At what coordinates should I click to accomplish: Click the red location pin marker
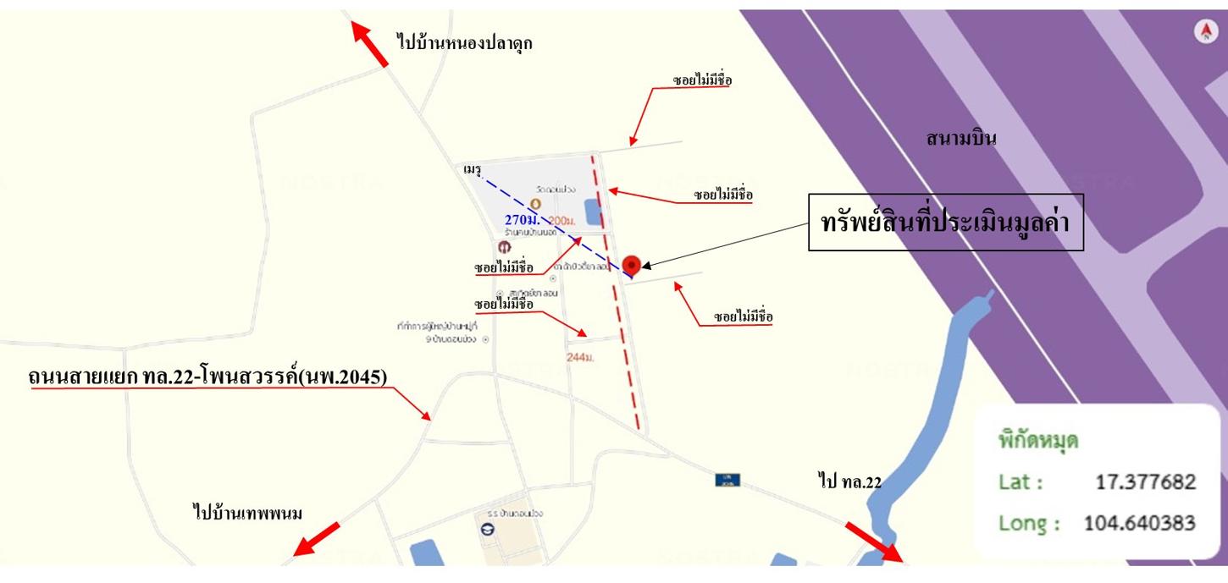pos(630,266)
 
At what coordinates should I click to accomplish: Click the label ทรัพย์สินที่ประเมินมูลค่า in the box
pos(946,223)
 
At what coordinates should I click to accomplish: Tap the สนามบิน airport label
pos(960,138)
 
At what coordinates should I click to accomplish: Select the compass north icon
pos(1205,32)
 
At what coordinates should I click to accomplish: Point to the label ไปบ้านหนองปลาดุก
pos(464,41)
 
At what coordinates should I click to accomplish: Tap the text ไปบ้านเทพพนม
pos(247,513)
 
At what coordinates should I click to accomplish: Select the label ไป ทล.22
pos(849,481)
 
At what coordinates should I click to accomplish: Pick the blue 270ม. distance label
pos(523,220)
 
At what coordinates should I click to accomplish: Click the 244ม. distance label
pos(580,358)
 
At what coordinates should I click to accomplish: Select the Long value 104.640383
pos(1139,523)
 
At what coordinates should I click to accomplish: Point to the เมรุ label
pos(472,170)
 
